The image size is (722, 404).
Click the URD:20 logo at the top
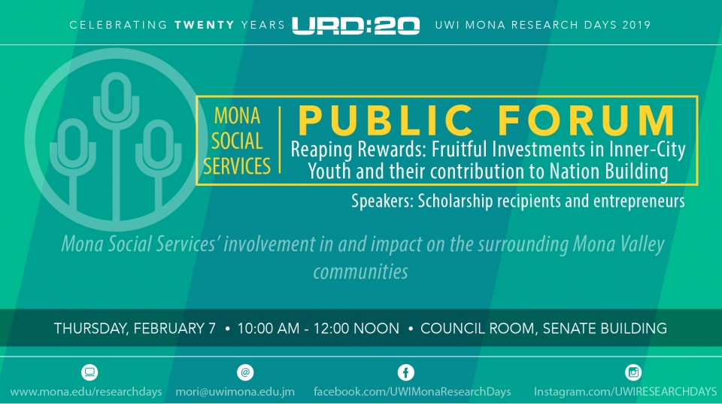pyautogui.click(x=356, y=26)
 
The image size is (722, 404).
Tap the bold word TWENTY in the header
pyautogui.click(x=205, y=25)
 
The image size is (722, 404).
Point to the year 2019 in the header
pyautogui.click(x=636, y=25)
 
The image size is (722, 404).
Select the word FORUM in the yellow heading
pyautogui.click(x=586, y=120)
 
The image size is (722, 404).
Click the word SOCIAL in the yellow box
pyautogui.click(x=237, y=141)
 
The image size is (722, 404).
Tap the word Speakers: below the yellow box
pyautogui.click(x=382, y=202)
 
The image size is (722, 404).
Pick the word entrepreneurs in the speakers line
pyautogui.click(x=639, y=202)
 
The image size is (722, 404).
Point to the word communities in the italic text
pyautogui.click(x=360, y=272)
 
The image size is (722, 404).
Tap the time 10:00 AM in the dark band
pyautogui.click(x=268, y=329)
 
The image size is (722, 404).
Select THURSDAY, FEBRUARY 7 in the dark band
pyautogui.click(x=135, y=329)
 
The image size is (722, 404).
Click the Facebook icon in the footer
pyautogui.click(x=405, y=372)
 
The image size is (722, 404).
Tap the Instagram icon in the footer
pyautogui.click(x=633, y=372)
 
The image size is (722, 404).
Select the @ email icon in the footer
pyautogui.click(x=245, y=372)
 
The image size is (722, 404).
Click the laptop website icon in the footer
pyautogui.click(x=89, y=372)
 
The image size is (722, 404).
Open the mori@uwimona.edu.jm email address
pyautogui.click(x=235, y=392)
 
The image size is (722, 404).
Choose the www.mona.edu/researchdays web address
pyautogui.click(x=86, y=392)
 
